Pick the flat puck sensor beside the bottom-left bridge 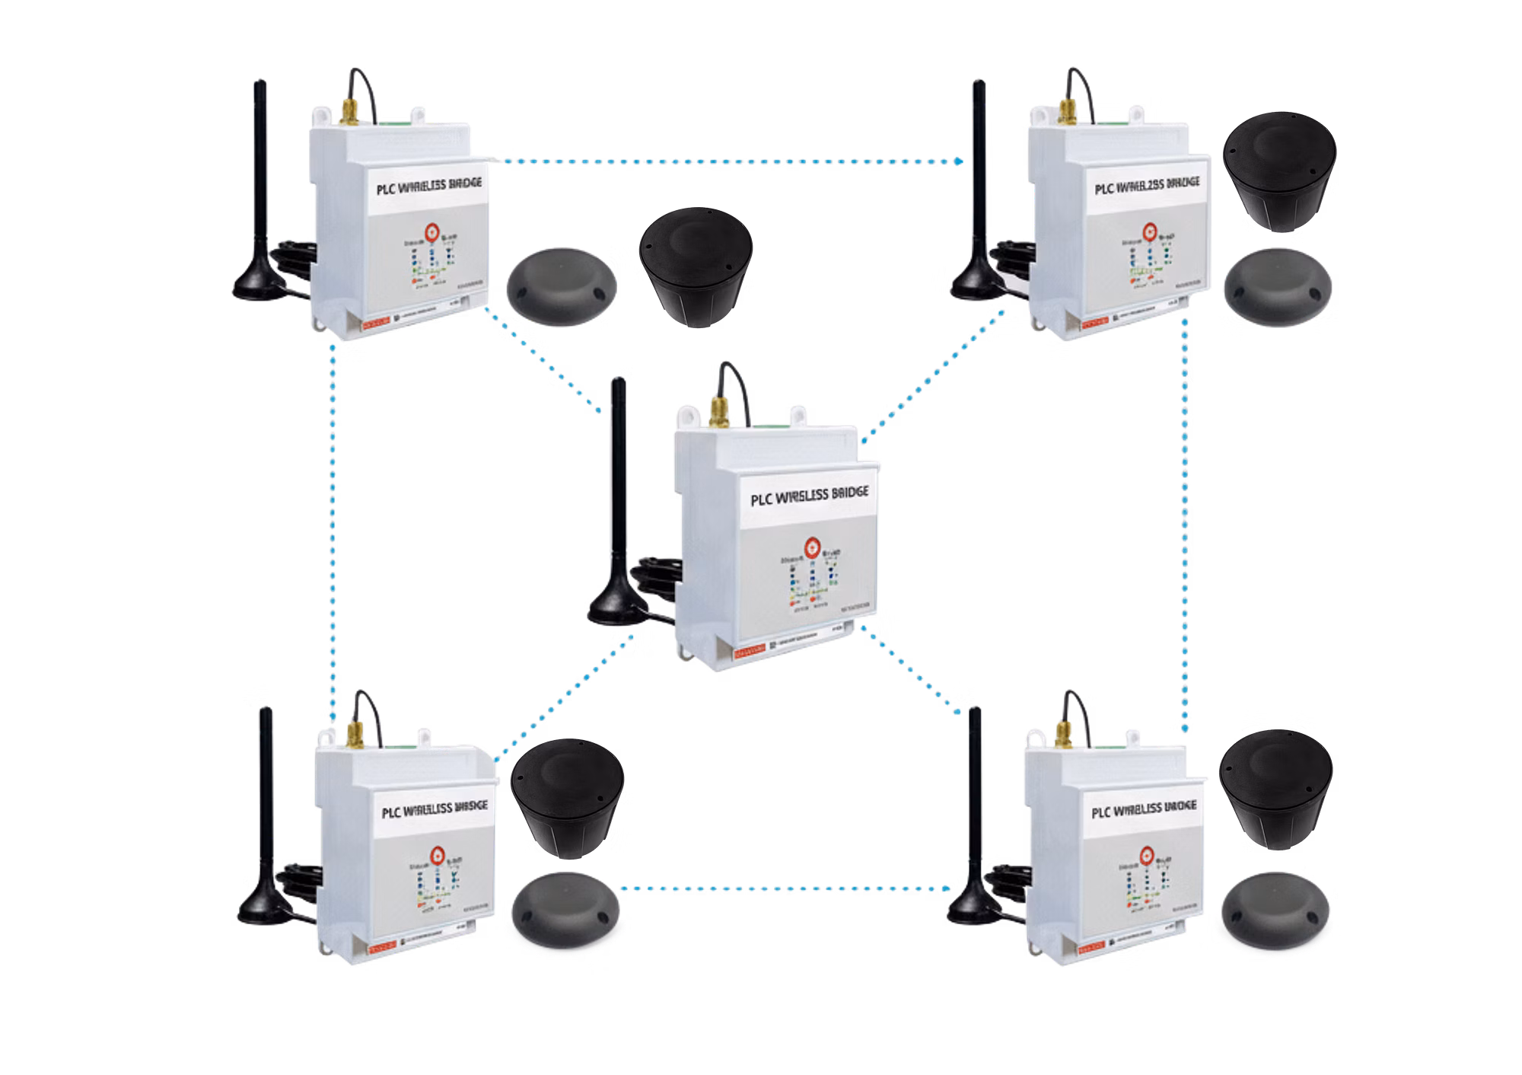[x=567, y=908]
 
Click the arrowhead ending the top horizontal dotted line [x=960, y=161]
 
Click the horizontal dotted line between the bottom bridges [x=784, y=888]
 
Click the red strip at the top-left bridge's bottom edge [x=377, y=321]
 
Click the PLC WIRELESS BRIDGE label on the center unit [x=808, y=496]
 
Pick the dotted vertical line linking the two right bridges [x=1186, y=525]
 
